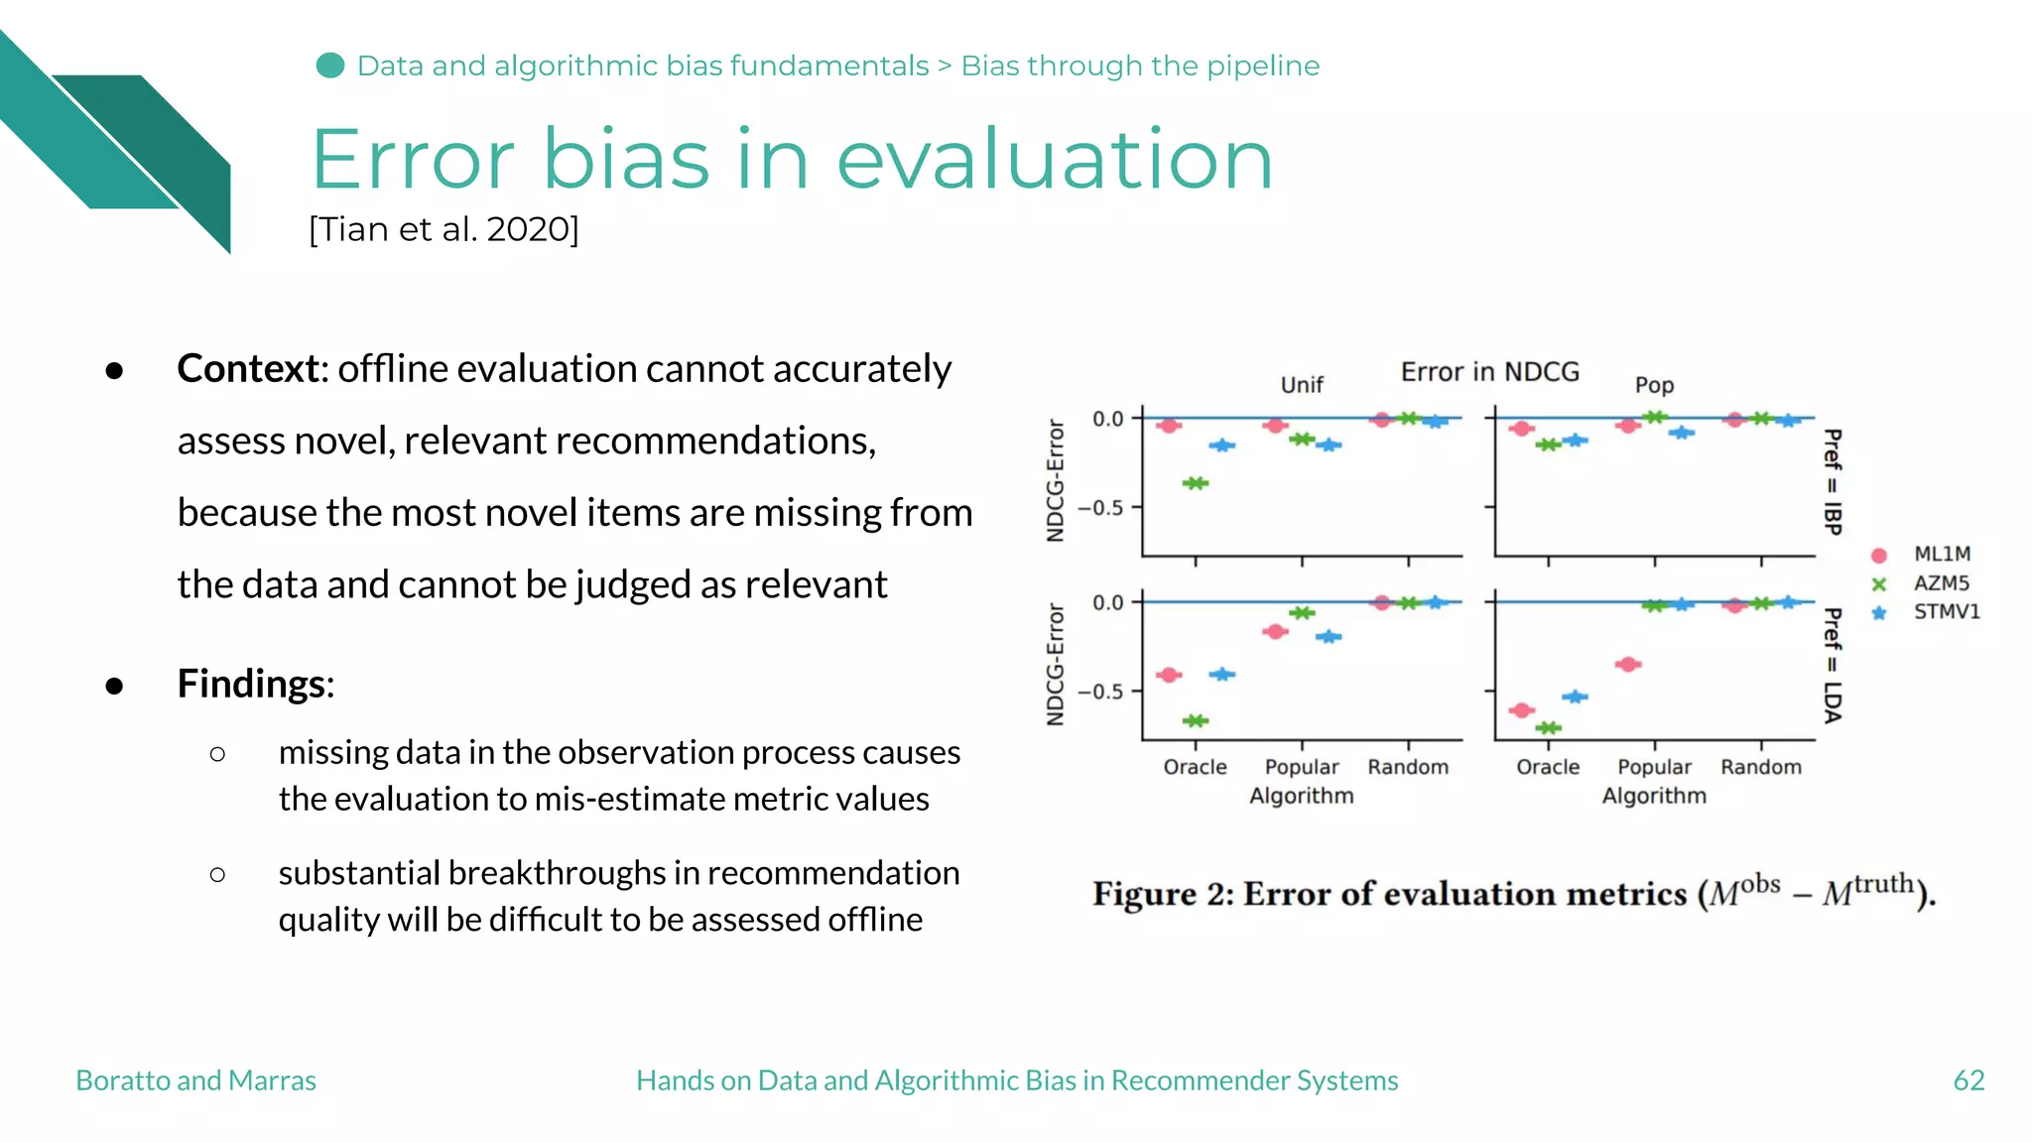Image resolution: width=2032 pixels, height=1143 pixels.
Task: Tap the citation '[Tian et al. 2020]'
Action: pos(444,229)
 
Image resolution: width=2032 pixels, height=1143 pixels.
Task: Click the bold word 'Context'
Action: pos(248,369)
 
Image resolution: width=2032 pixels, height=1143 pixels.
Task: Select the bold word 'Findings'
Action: pos(252,684)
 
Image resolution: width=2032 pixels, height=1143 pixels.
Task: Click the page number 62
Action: pos(1968,1080)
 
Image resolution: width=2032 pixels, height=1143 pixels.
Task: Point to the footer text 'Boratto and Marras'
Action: pos(195,1080)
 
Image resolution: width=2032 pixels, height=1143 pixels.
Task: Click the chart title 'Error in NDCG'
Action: pos(1489,372)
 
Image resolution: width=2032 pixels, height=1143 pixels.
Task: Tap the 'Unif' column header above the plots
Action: pos(1302,385)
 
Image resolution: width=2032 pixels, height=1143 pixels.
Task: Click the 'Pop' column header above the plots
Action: pos(1654,385)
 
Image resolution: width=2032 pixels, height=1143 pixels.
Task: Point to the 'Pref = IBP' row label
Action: pos(1833,482)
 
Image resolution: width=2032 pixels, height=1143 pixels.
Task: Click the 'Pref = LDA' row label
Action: pos(1833,666)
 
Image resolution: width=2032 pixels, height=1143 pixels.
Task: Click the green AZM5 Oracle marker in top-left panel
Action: pos(1196,483)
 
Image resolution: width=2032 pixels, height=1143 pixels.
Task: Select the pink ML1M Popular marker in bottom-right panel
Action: pos(1628,664)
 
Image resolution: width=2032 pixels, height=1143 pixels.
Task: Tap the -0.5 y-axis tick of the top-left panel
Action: pos(1100,508)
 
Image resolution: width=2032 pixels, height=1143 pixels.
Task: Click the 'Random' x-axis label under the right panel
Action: pos(1761,767)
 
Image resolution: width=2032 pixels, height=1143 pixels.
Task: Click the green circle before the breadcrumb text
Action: pos(330,65)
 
